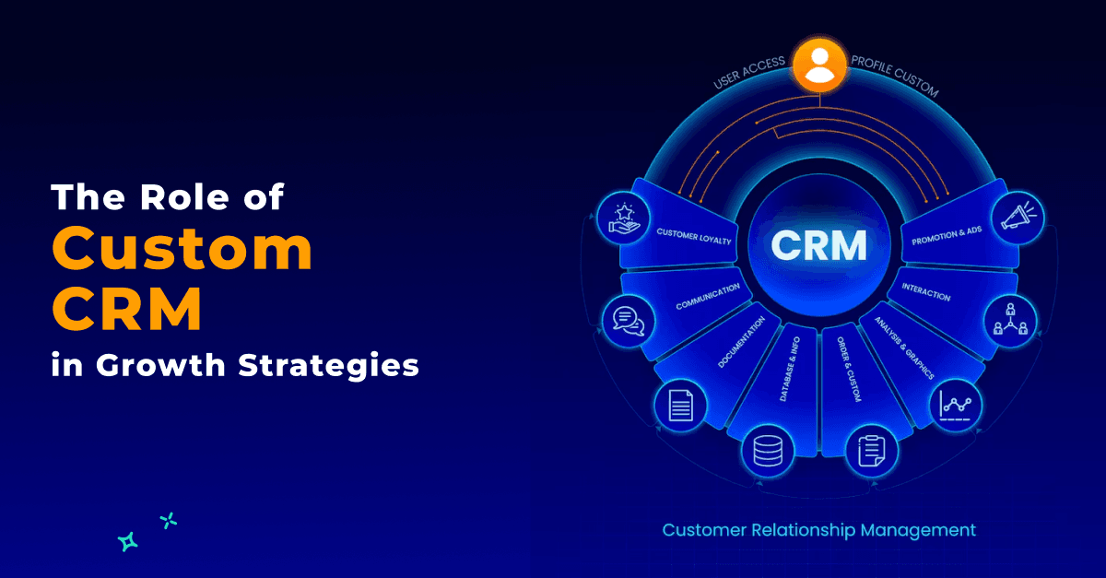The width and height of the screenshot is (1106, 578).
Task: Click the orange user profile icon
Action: [x=819, y=65]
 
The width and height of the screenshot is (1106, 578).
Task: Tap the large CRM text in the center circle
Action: [x=819, y=244]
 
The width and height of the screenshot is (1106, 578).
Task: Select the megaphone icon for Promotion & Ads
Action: [x=1018, y=218]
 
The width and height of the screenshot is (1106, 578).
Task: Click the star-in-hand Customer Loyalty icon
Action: [x=624, y=218]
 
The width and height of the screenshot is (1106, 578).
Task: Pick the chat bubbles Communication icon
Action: [x=628, y=321]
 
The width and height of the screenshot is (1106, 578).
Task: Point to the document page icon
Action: [x=680, y=405]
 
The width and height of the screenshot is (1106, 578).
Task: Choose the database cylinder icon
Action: [x=768, y=451]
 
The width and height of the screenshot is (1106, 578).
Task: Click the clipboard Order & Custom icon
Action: [x=872, y=451]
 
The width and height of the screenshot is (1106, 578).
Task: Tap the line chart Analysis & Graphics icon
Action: [x=956, y=406]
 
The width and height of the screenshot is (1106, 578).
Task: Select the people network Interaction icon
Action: [x=1011, y=319]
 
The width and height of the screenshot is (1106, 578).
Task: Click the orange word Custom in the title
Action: [x=182, y=248]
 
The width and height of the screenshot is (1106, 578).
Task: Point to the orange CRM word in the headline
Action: [x=127, y=308]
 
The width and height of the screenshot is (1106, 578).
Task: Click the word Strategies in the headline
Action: [x=329, y=367]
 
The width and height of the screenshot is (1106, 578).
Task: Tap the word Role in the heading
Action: [x=184, y=197]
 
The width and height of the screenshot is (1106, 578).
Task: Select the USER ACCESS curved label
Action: [x=749, y=72]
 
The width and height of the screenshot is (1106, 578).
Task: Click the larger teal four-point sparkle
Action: [x=128, y=542]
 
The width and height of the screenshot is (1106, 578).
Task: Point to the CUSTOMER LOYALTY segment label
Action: [x=694, y=237]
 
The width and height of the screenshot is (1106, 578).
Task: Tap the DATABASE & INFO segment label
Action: [x=790, y=369]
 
